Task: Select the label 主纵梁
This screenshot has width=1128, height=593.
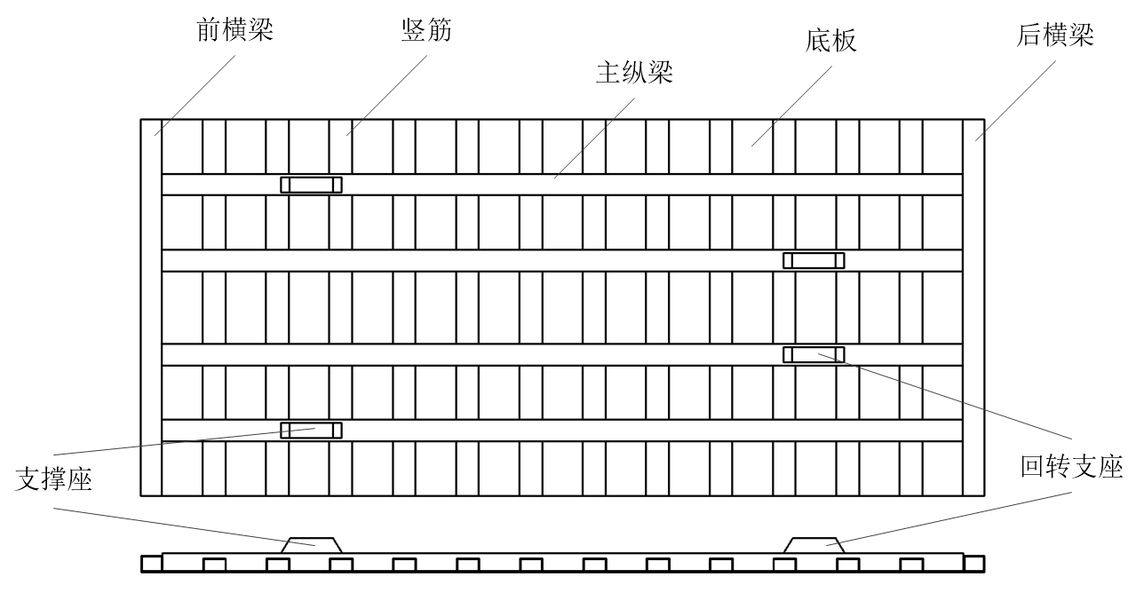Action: tap(633, 73)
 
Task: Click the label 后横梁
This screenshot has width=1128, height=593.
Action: tap(1054, 36)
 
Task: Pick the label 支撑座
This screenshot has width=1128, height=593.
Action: tap(55, 479)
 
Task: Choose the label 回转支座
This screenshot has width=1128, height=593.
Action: tap(1072, 467)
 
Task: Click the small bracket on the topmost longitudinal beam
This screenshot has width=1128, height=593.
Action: tap(311, 185)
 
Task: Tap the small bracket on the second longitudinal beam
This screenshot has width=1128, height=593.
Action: tap(813, 260)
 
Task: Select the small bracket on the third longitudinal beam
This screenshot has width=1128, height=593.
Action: tap(813, 354)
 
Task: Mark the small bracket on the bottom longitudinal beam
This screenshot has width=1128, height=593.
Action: tap(311, 430)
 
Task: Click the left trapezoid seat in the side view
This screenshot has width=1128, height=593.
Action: tap(311, 544)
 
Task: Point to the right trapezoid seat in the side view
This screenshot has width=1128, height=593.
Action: tap(813, 544)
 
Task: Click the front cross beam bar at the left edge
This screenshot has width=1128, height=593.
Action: tap(151, 306)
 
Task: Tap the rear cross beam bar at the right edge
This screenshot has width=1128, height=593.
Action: tap(973, 306)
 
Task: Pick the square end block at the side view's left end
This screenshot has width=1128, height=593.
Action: tap(151, 563)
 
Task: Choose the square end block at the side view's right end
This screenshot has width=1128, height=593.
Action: tap(973, 563)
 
